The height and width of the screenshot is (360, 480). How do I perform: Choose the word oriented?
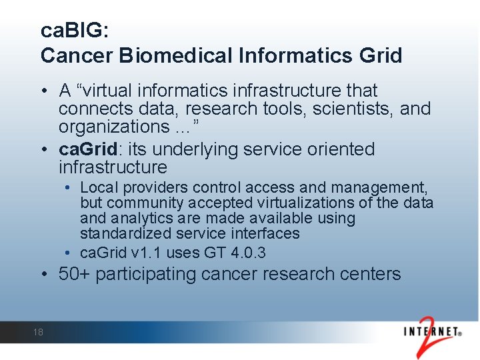[x=341, y=149]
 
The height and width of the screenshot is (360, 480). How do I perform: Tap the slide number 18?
[x=37, y=332]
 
